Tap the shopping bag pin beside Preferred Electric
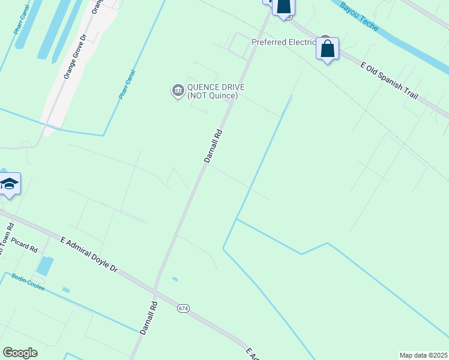[x=327, y=49]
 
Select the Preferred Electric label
[x=283, y=42]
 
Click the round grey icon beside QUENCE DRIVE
[x=178, y=91]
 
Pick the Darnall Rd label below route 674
[x=148, y=318]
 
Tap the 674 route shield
[x=183, y=308]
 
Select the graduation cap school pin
[x=10, y=184]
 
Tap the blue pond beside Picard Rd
[x=44, y=266]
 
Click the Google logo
[x=20, y=353]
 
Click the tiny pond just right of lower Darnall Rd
[x=175, y=279]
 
